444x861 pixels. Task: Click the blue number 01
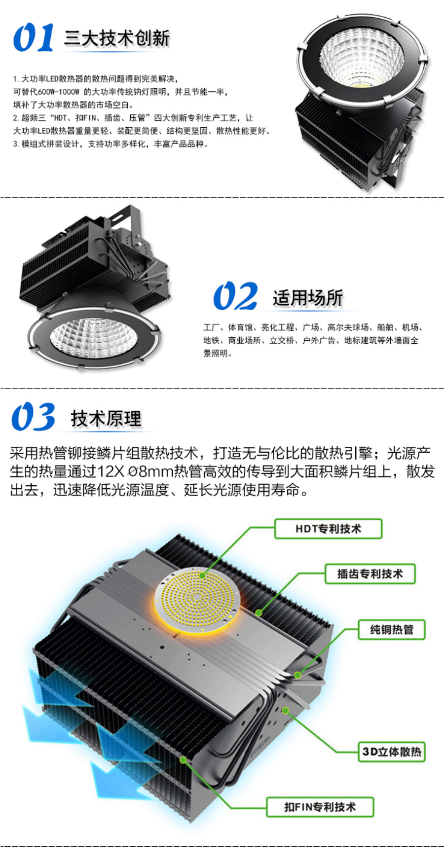coord(34,37)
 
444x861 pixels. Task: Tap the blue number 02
coord(235,296)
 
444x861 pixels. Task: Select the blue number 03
coord(34,417)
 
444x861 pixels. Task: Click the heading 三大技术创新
coord(117,38)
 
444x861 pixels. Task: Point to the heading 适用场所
coord(308,298)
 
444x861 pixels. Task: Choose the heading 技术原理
coord(106,419)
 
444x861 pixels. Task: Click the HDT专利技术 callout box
coord(328,529)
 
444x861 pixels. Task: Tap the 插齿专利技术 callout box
coord(370,574)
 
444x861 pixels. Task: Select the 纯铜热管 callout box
coord(392,629)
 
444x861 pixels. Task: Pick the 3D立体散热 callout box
coord(392,752)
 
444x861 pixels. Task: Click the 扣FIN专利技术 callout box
coord(320,807)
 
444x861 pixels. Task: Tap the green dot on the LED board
coord(202,575)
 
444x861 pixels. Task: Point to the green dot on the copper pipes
coord(297,675)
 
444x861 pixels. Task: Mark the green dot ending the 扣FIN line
coord(183,760)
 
